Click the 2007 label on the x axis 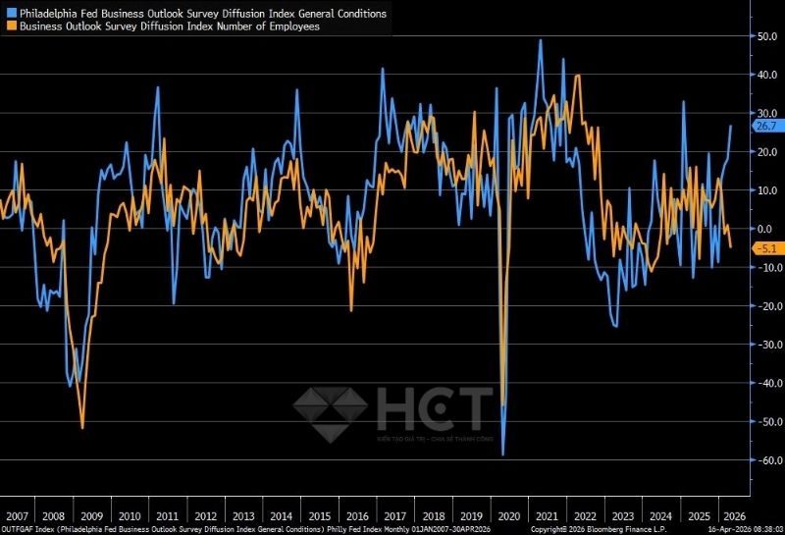coord(16,515)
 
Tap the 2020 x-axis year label coord(510,515)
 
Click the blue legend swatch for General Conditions coord(11,14)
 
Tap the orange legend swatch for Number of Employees coord(11,27)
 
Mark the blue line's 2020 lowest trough coord(502,455)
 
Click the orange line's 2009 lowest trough coord(82,428)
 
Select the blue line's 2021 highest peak coord(541,40)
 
